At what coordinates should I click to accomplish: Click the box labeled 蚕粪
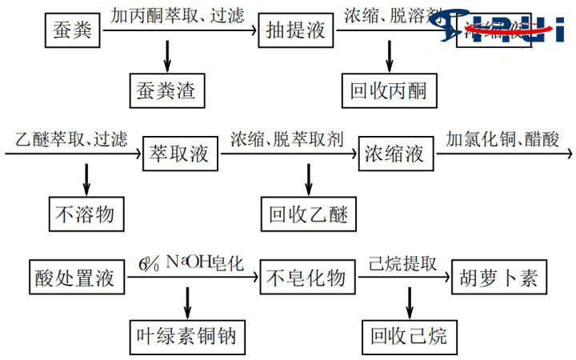[x=71, y=32]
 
